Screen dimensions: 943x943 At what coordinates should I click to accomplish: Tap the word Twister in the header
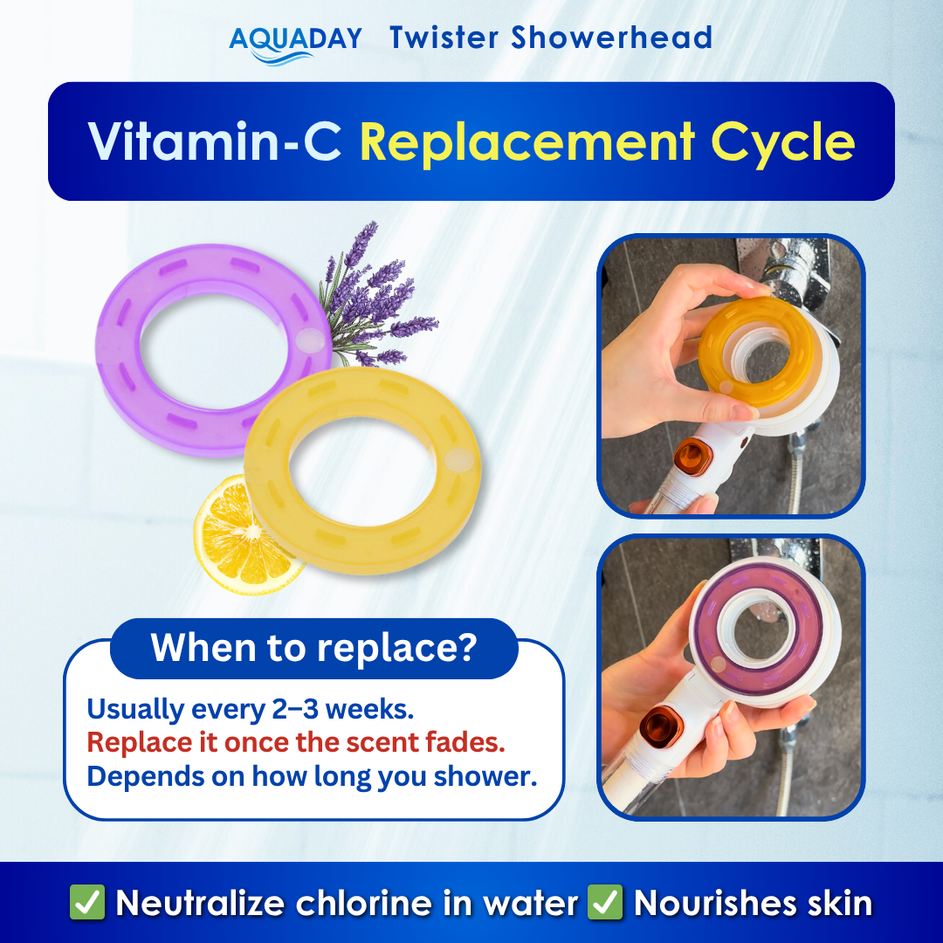pyautogui.click(x=444, y=38)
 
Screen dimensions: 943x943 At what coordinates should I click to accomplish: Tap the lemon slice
pyautogui.click(x=236, y=533)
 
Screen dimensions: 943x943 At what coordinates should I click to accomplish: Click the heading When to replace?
pyautogui.click(x=313, y=648)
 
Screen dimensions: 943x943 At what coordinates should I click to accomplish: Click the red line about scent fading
pyautogui.click(x=297, y=743)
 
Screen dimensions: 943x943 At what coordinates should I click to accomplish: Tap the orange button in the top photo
pyautogui.click(x=693, y=456)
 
